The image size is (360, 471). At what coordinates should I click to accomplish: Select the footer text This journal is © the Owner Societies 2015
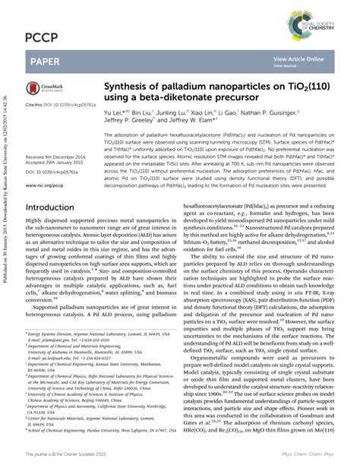[x=73, y=454]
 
